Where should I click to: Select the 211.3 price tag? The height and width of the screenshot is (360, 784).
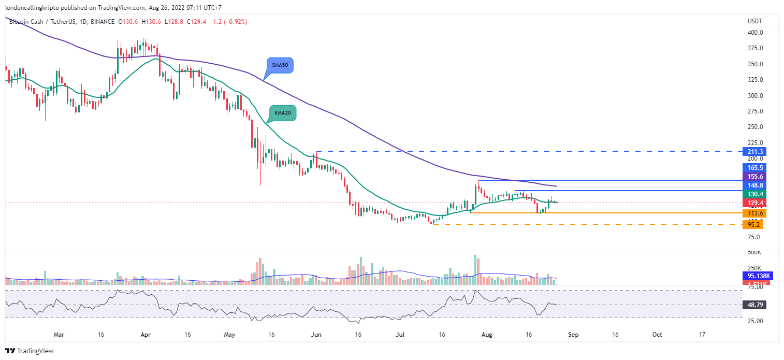tap(753, 152)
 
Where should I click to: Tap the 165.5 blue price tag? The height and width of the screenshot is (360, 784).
tap(753, 168)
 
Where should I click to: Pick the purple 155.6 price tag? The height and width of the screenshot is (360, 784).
tap(753, 177)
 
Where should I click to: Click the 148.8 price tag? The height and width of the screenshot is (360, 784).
tap(753, 185)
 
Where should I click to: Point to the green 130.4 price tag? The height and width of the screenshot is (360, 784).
tap(753, 194)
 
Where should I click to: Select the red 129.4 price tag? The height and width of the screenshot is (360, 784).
tap(753, 203)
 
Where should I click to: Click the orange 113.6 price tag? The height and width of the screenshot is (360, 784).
tap(753, 213)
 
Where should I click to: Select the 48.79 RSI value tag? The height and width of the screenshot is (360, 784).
tap(754, 305)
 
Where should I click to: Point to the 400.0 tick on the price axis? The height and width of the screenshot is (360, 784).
tap(755, 33)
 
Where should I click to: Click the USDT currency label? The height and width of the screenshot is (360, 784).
tap(754, 21)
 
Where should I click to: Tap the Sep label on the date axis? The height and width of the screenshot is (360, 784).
tap(573, 335)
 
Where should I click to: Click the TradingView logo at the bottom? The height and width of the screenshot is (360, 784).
tap(30, 351)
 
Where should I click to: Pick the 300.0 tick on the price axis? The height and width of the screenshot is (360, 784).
tap(755, 96)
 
